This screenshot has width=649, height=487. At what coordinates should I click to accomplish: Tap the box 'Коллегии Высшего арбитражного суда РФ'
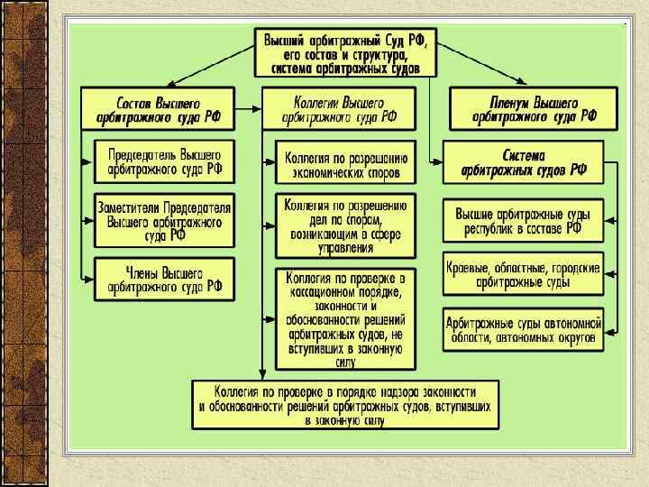[x=339, y=107]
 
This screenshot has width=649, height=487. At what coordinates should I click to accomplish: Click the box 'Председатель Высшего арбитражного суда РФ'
[x=164, y=161]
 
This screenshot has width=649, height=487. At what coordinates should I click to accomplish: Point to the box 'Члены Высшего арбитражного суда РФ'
[x=164, y=279]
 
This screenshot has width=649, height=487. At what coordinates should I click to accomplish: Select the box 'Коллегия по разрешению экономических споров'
[x=346, y=161]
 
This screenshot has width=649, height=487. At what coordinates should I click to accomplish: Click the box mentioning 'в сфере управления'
[x=346, y=225]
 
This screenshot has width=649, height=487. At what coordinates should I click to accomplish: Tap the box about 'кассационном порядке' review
[x=346, y=318]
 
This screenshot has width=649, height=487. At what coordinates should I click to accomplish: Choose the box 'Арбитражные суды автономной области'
[x=523, y=329]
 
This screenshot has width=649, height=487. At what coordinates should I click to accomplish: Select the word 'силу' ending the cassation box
[x=346, y=363]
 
